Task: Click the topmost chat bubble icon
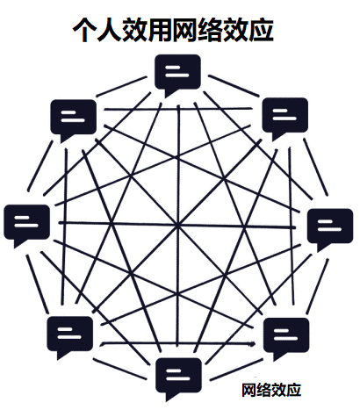point(177,75)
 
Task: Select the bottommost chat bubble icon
point(178,378)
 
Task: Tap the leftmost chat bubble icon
point(26,225)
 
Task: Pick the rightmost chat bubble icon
point(330,229)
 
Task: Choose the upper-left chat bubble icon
point(74,119)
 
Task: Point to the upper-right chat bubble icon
point(285,119)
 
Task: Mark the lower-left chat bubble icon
point(70,336)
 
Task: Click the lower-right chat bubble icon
point(286,338)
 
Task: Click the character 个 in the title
point(84,30)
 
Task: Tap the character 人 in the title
point(109,30)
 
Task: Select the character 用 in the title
point(160,30)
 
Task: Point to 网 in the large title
point(184,30)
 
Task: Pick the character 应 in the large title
point(262,30)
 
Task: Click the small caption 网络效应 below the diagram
point(271,390)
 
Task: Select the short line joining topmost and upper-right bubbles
point(234,86)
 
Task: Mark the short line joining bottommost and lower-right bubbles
point(235,370)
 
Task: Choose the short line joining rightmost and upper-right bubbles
point(315,167)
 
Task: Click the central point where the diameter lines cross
point(177,226)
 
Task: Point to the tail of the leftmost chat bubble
point(18,243)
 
